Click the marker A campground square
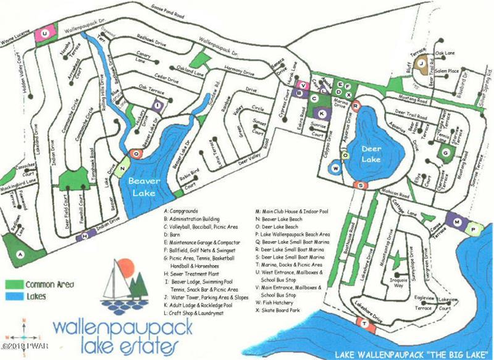click(20, 254)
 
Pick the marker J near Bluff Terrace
click(422, 63)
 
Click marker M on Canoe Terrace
click(456, 222)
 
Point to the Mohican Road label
click(398, 192)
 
